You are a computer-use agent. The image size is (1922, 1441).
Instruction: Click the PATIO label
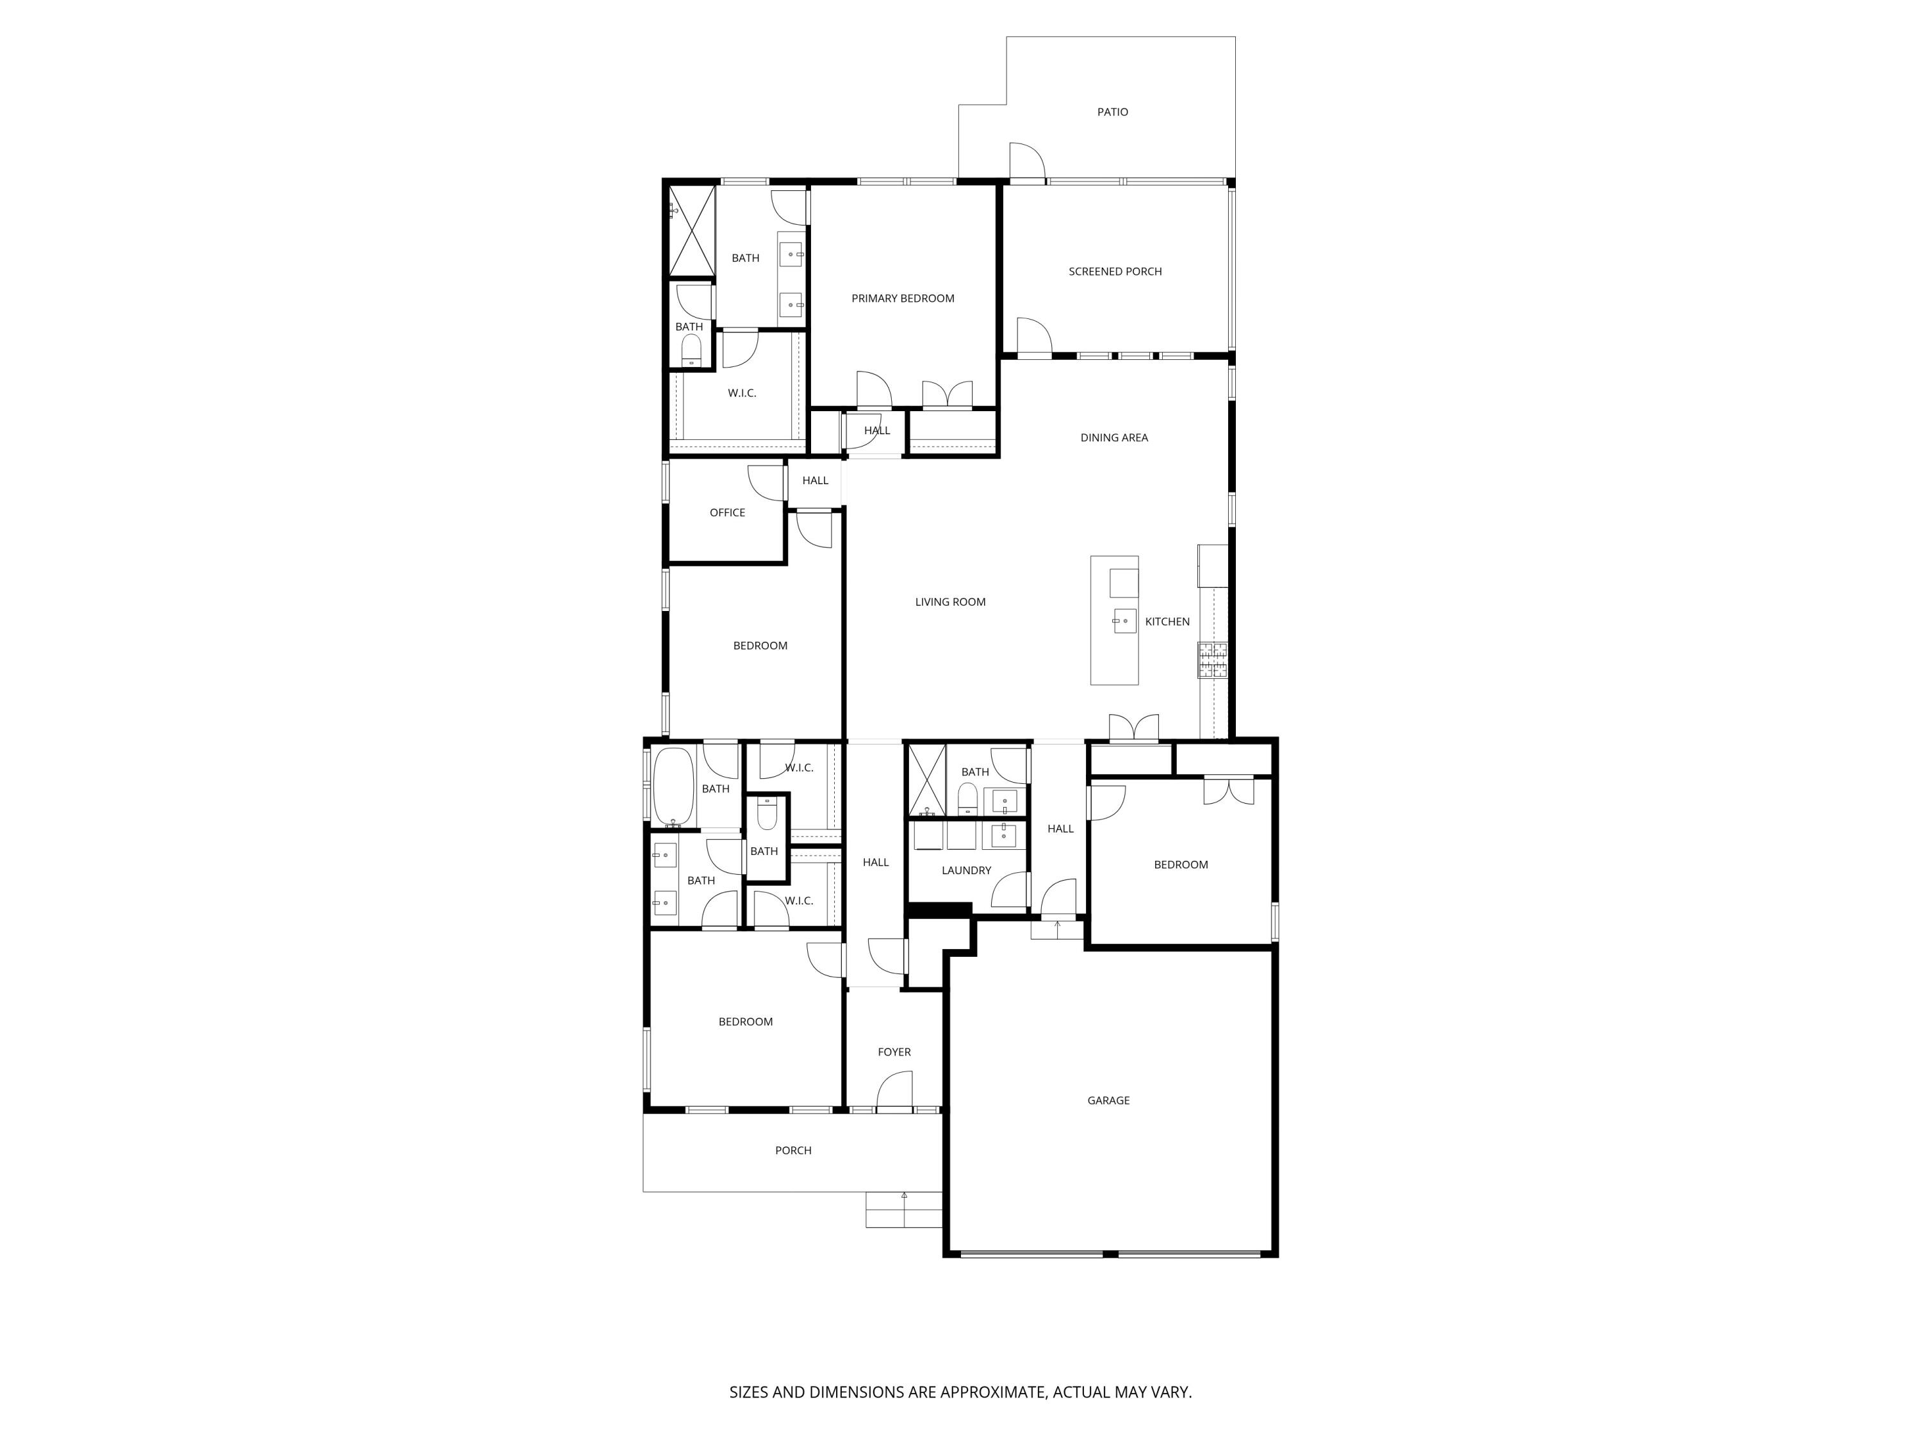[1112, 112]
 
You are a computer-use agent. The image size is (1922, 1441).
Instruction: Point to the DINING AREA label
[1114, 438]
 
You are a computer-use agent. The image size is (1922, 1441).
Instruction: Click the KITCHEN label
[1167, 622]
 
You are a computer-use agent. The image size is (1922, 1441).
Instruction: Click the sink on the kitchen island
[1124, 621]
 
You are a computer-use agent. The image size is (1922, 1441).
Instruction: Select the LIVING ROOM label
[949, 602]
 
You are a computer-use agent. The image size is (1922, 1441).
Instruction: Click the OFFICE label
[727, 512]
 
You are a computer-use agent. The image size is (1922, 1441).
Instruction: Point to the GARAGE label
[1108, 1100]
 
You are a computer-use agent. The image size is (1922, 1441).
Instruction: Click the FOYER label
[894, 1052]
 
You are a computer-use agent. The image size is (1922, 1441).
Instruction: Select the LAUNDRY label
[966, 870]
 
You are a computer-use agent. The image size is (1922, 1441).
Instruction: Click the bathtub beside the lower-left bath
[673, 786]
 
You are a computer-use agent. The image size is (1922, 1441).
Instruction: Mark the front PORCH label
[793, 1150]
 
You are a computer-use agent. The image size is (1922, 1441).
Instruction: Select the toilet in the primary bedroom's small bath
[691, 350]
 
